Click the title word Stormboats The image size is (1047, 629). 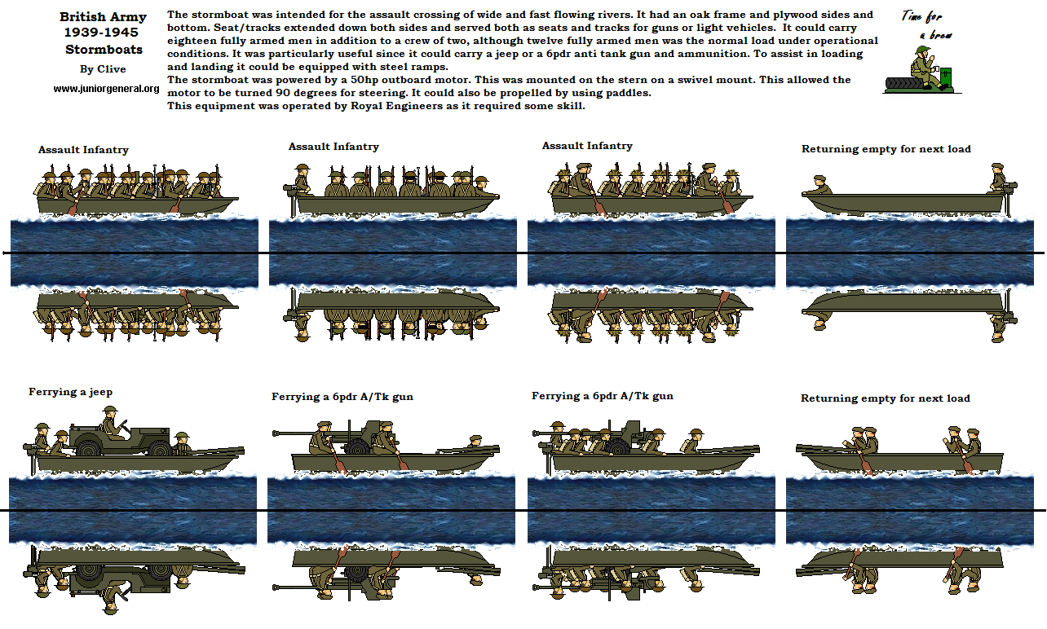click(x=104, y=50)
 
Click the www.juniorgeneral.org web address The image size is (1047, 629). click(x=106, y=89)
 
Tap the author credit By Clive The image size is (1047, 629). click(x=103, y=69)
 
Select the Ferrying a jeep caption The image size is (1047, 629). click(x=71, y=392)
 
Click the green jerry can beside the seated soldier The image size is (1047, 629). click(x=946, y=77)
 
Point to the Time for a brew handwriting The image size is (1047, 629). click(x=927, y=25)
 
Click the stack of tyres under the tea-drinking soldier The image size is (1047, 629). click(x=904, y=84)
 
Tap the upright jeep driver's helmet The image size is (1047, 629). click(x=110, y=410)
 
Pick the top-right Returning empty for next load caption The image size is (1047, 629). click(x=886, y=149)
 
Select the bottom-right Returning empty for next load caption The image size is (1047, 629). click(x=886, y=398)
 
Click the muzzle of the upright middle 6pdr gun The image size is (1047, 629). click(x=276, y=433)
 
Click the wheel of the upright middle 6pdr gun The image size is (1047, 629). click(x=358, y=446)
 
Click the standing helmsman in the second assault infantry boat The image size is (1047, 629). click(x=302, y=178)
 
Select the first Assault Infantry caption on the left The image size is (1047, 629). click(x=83, y=150)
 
